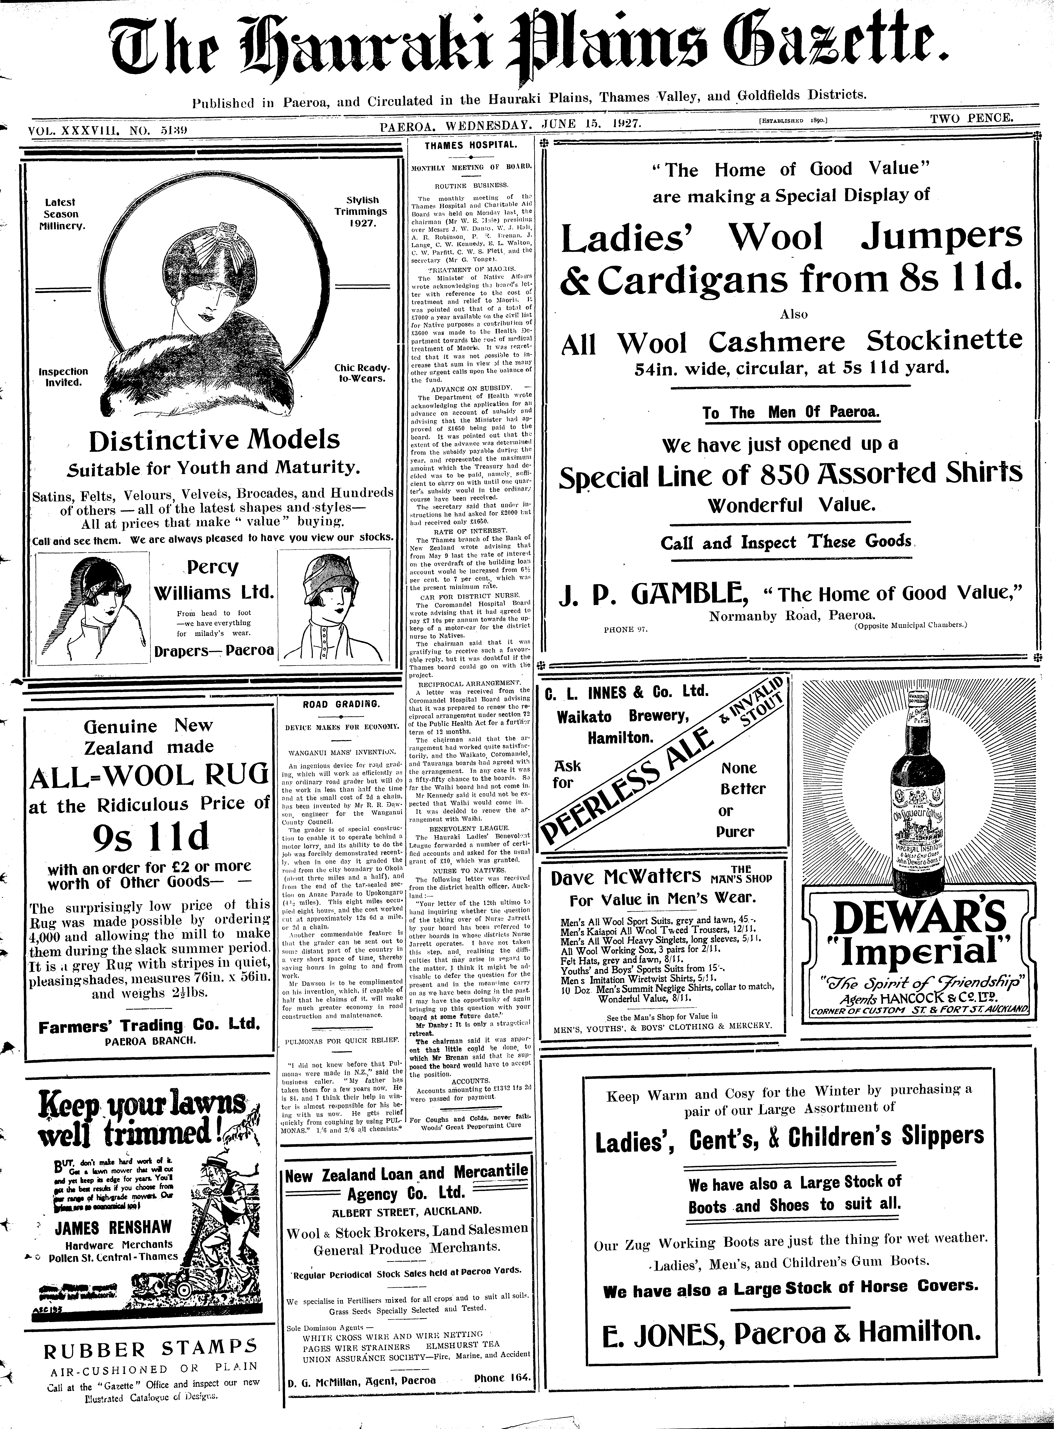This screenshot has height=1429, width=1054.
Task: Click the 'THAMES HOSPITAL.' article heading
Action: pos(471,145)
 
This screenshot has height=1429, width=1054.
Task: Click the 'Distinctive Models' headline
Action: pos(214,440)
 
